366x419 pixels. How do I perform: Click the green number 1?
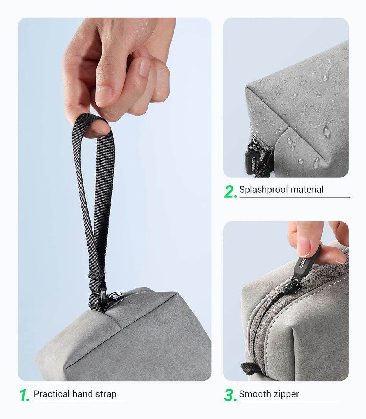(24, 395)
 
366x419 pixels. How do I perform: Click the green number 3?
(230, 395)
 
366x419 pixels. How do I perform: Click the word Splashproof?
(263, 190)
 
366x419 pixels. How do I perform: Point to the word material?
(307, 190)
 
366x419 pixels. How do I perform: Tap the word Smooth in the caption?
(255, 394)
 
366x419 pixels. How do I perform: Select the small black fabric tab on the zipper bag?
(250, 369)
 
